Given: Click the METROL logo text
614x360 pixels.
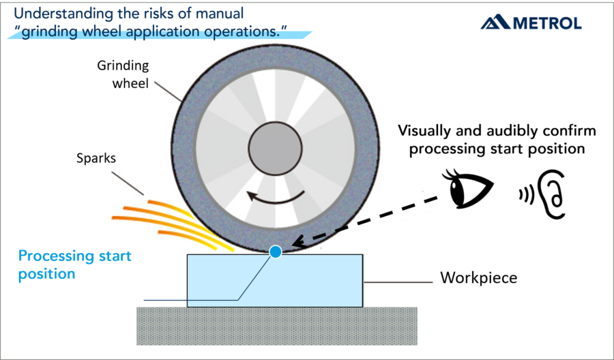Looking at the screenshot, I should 546,24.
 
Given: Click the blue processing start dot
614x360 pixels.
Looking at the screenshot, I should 276,252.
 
